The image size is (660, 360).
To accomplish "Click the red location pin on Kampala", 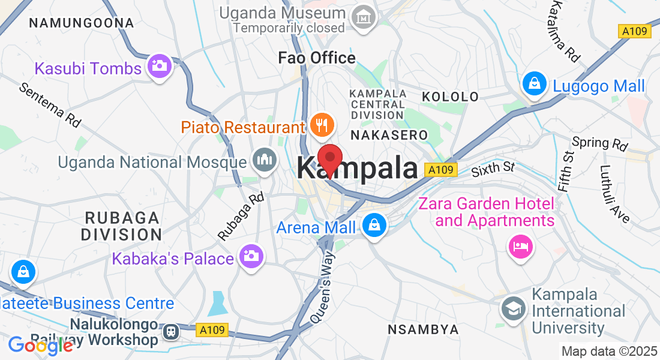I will [329, 158].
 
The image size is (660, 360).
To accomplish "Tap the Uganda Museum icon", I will [364, 19].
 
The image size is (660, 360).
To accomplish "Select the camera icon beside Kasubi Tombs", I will [159, 67].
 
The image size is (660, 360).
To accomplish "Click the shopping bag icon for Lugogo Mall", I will [533, 84].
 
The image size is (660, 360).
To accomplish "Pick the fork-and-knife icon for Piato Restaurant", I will [322, 125].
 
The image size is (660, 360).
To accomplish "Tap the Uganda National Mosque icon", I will [263, 161].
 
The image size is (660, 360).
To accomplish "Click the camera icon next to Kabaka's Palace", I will [251, 256].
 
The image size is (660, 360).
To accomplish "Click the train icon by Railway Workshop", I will [172, 330].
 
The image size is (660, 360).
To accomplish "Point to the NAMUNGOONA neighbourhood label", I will [82, 23].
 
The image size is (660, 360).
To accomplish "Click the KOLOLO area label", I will [450, 97].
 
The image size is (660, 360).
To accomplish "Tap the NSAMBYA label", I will [423, 329].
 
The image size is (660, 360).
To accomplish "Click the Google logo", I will [40, 345].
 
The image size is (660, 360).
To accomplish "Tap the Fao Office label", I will [317, 58].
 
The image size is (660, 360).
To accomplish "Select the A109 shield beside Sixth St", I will [440, 170].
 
